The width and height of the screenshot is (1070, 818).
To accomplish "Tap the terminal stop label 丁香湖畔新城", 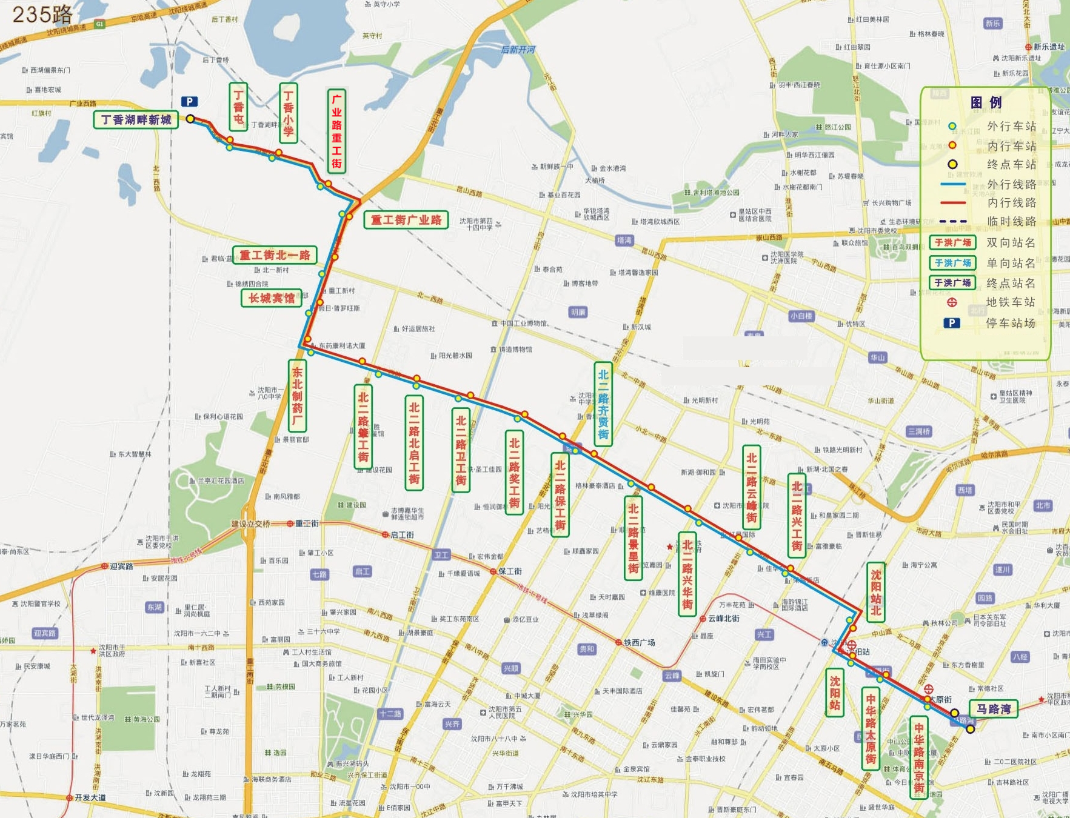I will click(x=135, y=119).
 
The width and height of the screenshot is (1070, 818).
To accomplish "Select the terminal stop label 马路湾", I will click(x=994, y=708).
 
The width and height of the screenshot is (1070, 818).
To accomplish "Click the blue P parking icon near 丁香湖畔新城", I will click(x=189, y=102).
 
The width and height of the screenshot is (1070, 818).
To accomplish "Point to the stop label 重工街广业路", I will click(x=406, y=219).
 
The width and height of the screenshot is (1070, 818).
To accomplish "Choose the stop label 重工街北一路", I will click(x=275, y=255).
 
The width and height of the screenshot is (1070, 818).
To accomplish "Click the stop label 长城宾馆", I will click(x=272, y=298).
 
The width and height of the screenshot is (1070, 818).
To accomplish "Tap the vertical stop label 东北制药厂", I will click(x=297, y=396).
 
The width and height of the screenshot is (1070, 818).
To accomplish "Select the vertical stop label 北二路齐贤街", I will click(x=603, y=404).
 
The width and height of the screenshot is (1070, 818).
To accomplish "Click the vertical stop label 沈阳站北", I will click(x=875, y=592).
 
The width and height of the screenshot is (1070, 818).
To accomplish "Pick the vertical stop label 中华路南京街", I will click(x=918, y=757).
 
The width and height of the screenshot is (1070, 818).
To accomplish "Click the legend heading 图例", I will click(x=986, y=102).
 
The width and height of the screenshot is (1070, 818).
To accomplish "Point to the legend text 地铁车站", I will click(x=1011, y=302).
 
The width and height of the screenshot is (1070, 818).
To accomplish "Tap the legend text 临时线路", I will click(x=1011, y=221).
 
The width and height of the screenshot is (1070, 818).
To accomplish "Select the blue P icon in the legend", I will click(x=952, y=323).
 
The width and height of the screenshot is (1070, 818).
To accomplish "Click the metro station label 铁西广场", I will click(x=639, y=642).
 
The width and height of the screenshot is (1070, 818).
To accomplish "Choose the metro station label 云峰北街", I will click(x=723, y=619).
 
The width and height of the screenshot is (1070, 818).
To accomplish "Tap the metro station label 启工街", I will click(x=402, y=534).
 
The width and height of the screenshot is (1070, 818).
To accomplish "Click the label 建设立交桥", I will click(x=250, y=524).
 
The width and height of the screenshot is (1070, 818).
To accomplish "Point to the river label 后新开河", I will click(x=518, y=50).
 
